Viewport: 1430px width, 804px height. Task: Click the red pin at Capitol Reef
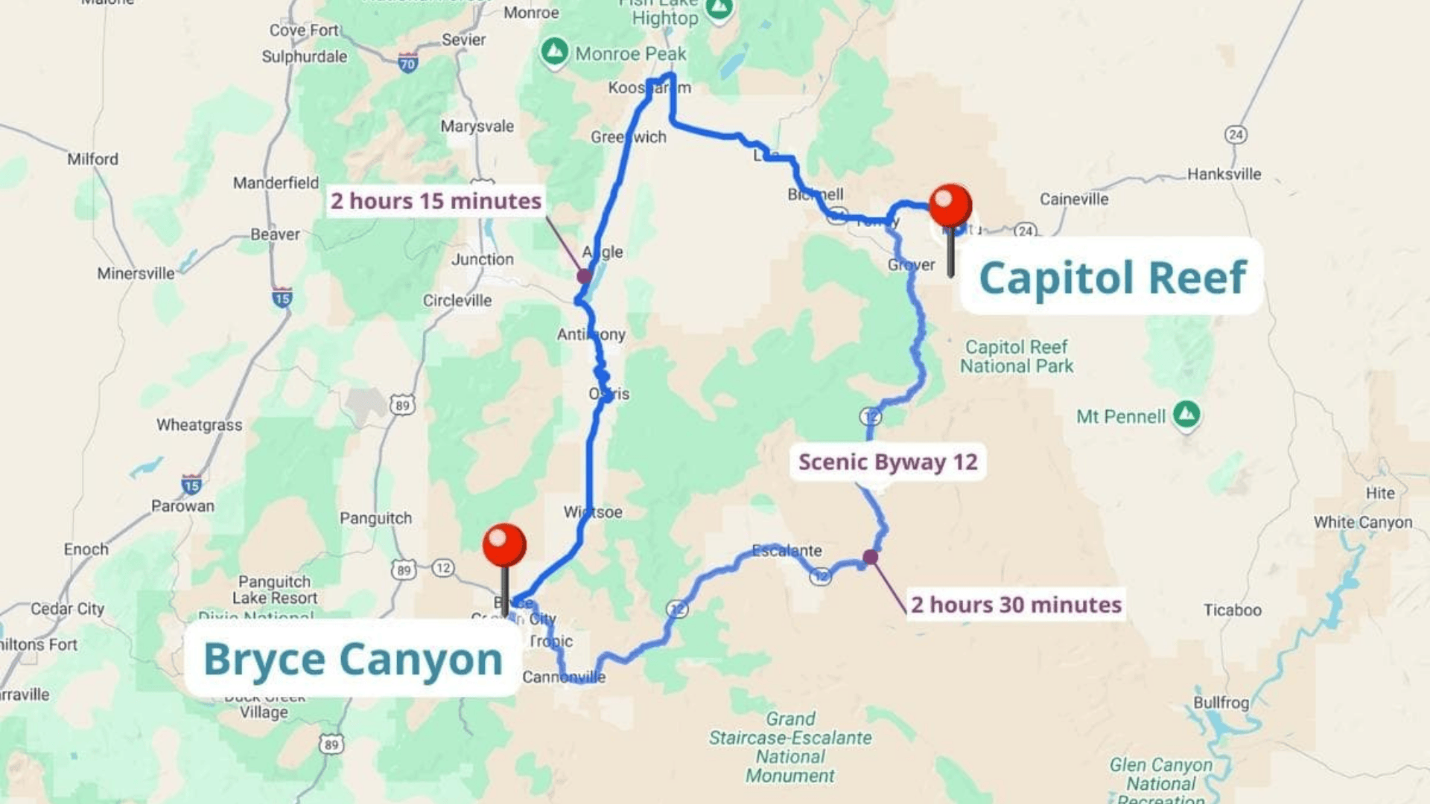tap(950, 205)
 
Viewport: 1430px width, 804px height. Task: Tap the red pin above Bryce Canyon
tap(504, 545)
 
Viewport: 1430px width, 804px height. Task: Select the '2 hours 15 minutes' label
tap(436, 201)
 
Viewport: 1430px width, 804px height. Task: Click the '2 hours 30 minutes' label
tap(1016, 604)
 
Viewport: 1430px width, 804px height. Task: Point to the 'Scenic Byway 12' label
tap(888, 462)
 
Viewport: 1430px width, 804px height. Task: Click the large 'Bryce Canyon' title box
tap(353, 659)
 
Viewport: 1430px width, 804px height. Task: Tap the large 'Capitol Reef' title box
tap(1112, 277)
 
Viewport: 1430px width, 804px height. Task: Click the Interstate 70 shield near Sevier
tap(407, 64)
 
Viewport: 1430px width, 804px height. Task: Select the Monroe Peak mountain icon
tap(554, 52)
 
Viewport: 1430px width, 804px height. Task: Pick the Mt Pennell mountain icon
tap(1186, 414)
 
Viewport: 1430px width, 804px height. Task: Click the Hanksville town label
tap(1224, 174)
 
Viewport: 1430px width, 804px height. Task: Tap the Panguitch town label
tap(375, 518)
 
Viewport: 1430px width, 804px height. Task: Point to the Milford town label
tap(92, 159)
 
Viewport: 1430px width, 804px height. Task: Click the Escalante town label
tap(786, 551)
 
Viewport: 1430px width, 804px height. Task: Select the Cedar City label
tap(67, 608)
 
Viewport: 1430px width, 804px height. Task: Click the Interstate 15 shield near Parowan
tap(191, 485)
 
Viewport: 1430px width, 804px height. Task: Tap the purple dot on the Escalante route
tap(870, 557)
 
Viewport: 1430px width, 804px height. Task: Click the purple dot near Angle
tap(585, 276)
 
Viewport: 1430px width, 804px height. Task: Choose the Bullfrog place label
tap(1221, 703)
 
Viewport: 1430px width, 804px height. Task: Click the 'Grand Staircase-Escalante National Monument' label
tap(790, 747)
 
